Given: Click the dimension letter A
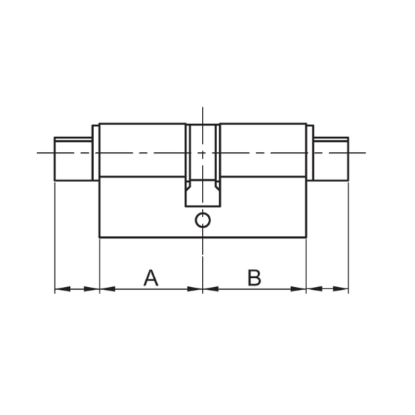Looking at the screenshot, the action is point(151,277).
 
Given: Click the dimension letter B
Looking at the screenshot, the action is point(255,277).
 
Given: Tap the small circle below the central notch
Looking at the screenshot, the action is point(203,220).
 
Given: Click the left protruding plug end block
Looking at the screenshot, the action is point(73,159).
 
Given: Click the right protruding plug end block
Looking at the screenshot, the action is point(331,159).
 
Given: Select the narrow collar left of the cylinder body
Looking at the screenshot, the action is point(95,153).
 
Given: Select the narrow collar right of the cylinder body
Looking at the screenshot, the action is point(310,153).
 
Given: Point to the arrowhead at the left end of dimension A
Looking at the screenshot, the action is point(107,289).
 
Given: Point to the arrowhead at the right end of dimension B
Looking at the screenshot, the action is point(298,289).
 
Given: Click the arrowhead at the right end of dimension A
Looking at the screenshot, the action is point(195,289).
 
